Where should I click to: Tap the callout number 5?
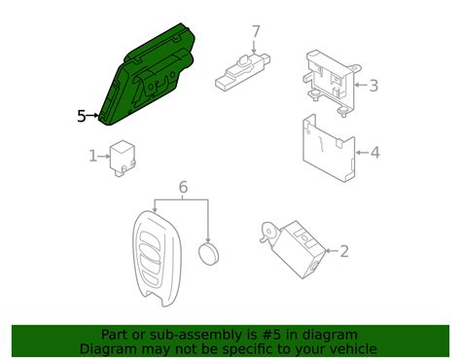(82, 117)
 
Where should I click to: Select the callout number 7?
(256, 31)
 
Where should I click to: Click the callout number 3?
(372, 86)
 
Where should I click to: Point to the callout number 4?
(373, 152)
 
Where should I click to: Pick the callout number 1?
(93, 155)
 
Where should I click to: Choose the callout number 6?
(182, 187)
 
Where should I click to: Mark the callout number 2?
(343, 251)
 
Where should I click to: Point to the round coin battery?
(210, 255)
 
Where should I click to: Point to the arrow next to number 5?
(95, 117)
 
